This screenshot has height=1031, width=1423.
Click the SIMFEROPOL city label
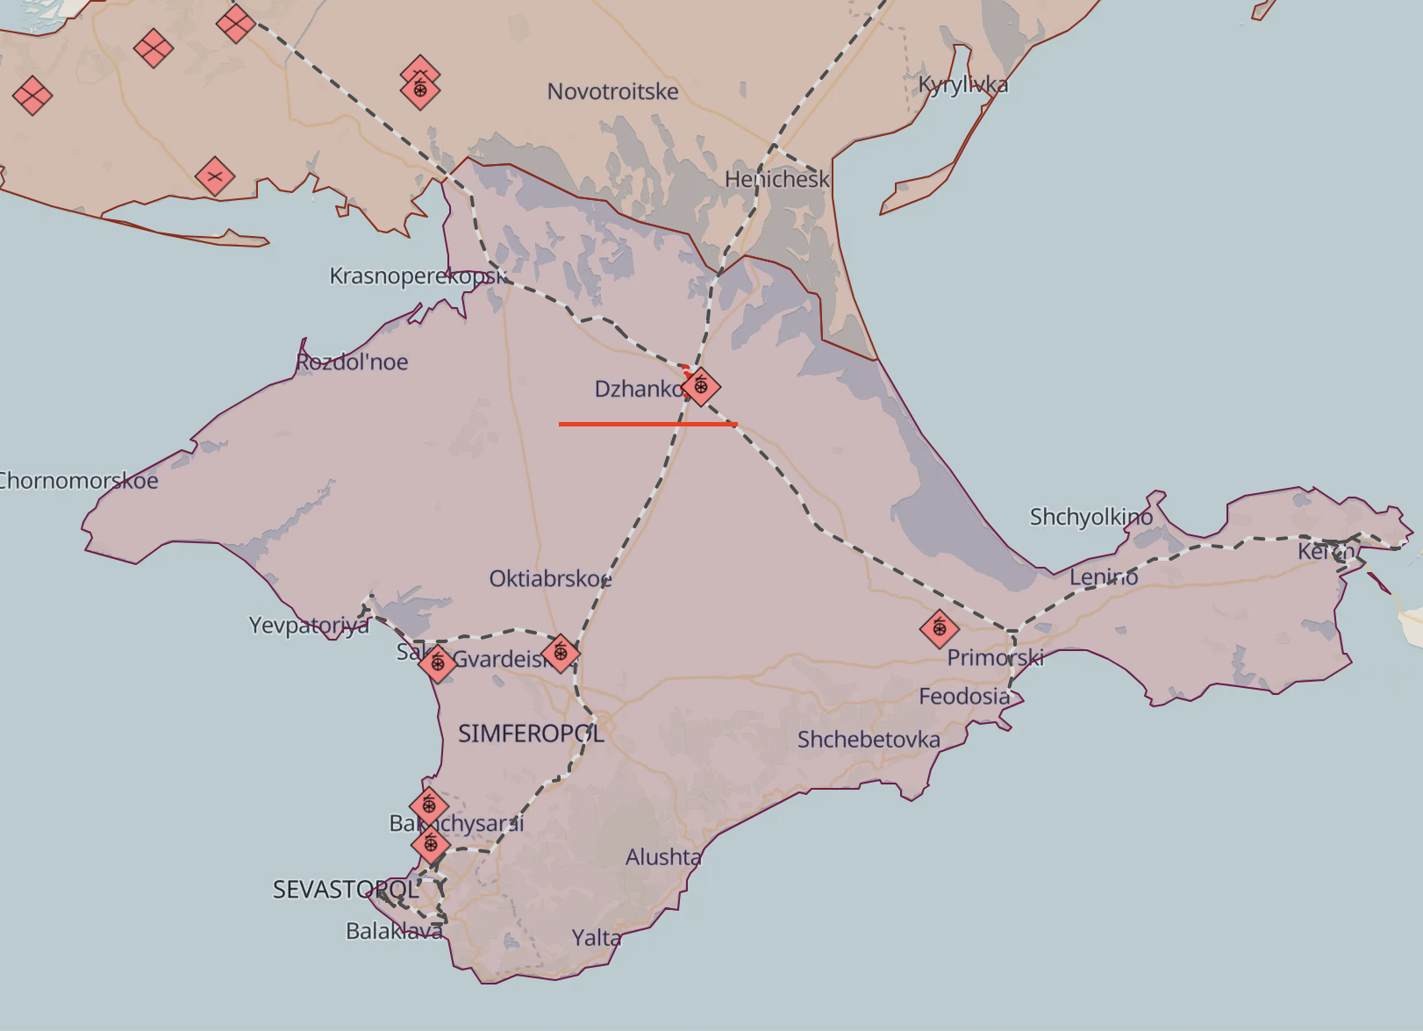(531, 734)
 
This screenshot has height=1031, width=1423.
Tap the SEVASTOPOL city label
(346, 890)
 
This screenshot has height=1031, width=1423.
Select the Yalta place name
(597, 938)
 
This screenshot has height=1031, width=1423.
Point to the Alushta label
(663, 857)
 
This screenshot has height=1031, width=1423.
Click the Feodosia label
(964, 697)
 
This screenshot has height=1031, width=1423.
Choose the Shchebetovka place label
(869, 740)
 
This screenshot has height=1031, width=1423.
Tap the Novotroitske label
(612, 91)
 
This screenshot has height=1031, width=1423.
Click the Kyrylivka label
(962, 85)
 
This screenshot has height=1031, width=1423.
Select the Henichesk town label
(776, 180)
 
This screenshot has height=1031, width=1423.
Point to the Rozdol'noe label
(352, 362)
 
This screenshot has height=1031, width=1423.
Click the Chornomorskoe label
(78, 481)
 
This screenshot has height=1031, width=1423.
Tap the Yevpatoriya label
(309, 626)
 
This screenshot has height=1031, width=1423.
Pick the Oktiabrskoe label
(550, 579)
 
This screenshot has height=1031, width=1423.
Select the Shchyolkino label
(1091, 517)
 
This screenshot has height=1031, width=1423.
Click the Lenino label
(1104, 577)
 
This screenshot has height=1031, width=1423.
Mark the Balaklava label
(394, 931)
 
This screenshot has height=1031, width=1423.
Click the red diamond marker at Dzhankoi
(700, 386)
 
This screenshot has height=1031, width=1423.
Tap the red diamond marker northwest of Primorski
(940, 628)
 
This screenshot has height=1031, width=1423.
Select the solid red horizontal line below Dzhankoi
(647, 425)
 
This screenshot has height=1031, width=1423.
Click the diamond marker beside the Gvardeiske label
(561, 653)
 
